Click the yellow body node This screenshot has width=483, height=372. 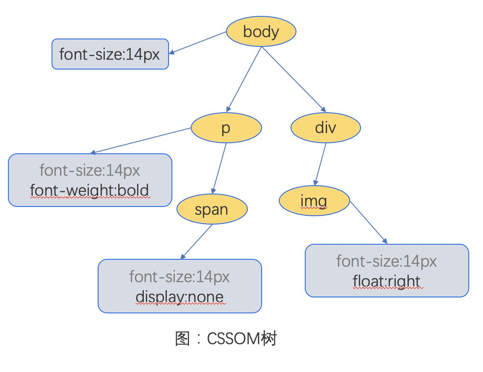tap(261, 31)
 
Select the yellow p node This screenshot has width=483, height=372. tap(226, 128)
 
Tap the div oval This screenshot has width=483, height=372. tap(326, 127)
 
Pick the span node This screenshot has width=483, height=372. tap(212, 209)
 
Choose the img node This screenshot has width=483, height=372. tap(314, 201)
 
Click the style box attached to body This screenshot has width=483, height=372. tap(110, 54)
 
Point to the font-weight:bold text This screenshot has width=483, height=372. tap(89, 191)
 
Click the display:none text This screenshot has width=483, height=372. tap(179, 297)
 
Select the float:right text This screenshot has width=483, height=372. tap(387, 281)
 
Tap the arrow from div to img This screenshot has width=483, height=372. tap(321, 164)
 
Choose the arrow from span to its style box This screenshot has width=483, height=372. tap(197, 241)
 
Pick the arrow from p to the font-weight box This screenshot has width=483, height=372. tap(141, 141)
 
